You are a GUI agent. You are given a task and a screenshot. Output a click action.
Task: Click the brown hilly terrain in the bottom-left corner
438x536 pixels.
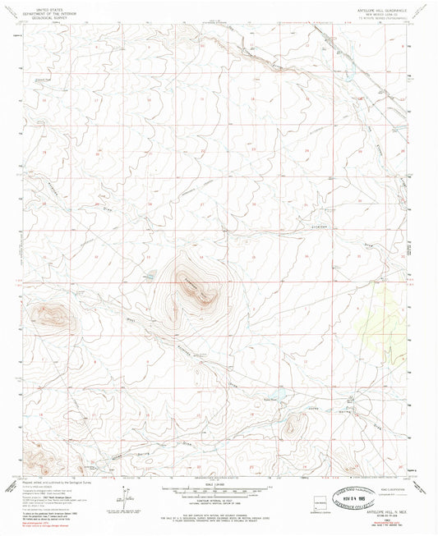[x=38, y=460]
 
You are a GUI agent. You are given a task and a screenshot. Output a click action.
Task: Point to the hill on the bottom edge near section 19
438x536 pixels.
[x=338, y=470]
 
